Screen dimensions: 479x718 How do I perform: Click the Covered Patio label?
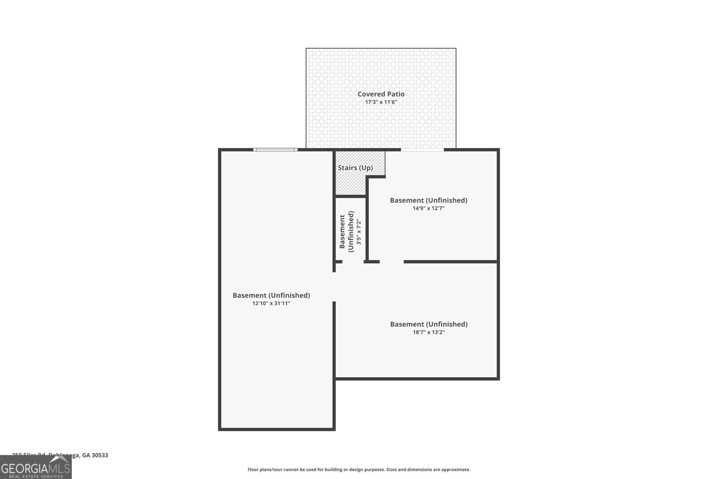tap(381, 94)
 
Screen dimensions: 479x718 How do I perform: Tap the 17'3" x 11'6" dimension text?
tap(381, 102)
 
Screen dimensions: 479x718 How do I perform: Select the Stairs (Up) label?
tap(355, 167)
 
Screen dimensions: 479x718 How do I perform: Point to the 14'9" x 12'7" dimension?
tap(428, 208)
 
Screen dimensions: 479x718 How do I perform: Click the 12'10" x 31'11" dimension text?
tap(271, 303)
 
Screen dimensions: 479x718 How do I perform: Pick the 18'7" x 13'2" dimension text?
tap(429, 332)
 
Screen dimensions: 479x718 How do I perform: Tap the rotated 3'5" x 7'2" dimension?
tap(358, 232)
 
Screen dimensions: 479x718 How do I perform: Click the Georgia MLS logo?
tap(35, 468)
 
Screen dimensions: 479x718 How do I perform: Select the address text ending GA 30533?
tap(60, 455)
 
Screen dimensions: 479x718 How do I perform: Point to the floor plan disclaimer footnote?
tap(359, 470)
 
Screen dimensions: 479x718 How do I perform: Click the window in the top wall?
tap(275, 149)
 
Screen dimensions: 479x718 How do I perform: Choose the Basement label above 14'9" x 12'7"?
tap(428, 200)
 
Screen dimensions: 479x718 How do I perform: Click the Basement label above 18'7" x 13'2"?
tap(429, 324)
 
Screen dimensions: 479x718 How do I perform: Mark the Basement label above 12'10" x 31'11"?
tap(271, 295)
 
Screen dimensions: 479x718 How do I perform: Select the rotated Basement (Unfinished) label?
tap(346, 232)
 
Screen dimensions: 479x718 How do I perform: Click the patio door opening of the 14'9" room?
tap(422, 150)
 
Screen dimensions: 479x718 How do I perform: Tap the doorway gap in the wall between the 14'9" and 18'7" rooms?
tap(392, 262)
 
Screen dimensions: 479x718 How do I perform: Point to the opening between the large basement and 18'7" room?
tap(334, 287)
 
